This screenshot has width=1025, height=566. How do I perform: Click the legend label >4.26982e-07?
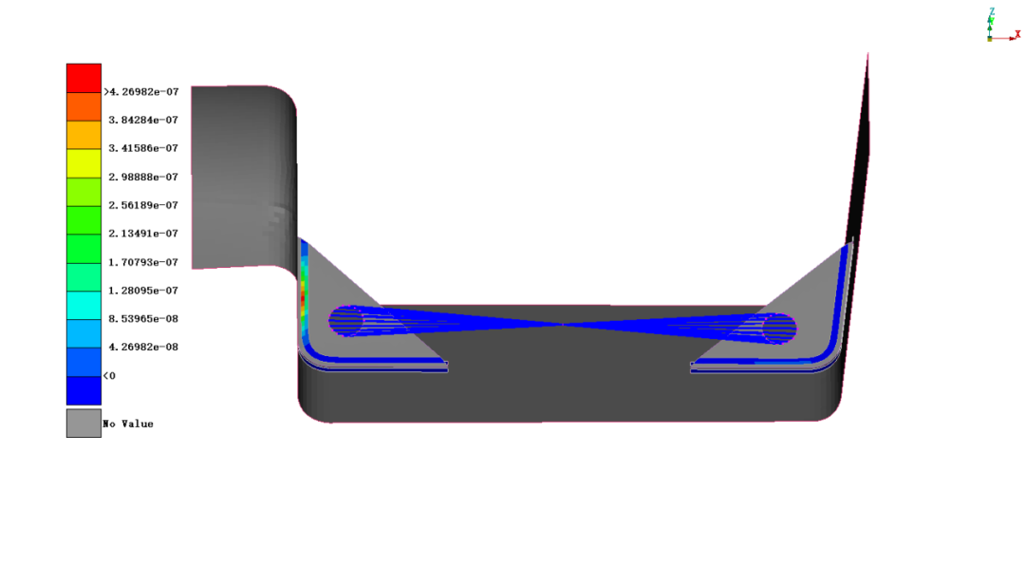coord(141,91)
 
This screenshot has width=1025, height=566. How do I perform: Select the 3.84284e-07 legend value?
coord(143,120)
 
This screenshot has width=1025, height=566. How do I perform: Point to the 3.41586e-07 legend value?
coord(143,148)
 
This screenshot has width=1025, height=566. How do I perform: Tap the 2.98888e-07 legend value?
coord(143,177)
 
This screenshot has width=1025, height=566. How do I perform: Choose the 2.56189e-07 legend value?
coord(143,205)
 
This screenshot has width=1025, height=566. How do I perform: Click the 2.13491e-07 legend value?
coord(143,233)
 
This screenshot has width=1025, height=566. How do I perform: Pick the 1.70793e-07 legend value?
coord(143,262)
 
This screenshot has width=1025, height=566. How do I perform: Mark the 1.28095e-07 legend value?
coord(143,290)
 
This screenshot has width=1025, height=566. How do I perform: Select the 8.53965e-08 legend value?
coord(143,319)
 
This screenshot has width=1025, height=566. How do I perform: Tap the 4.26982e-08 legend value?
coord(143,347)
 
